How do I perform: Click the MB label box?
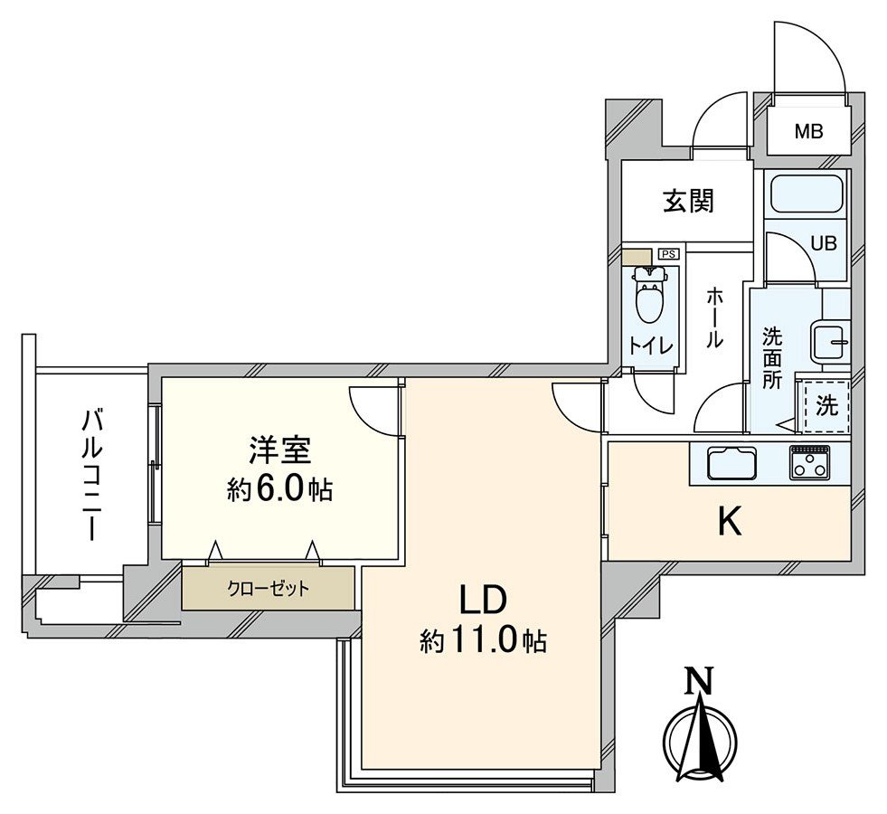pyautogui.click(x=808, y=132)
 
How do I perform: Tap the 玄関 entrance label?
pyautogui.click(x=689, y=201)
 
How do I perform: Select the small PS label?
pyautogui.click(x=668, y=254)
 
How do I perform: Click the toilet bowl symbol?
pyautogui.click(x=648, y=299)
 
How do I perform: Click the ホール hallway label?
pyautogui.click(x=713, y=317)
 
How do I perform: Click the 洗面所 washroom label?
pyautogui.click(x=771, y=358)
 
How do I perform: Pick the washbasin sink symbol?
pyautogui.click(x=830, y=342)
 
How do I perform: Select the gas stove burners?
pyautogui.click(x=810, y=462)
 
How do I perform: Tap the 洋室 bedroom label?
pyautogui.click(x=279, y=450)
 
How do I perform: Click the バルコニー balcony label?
pyautogui.click(x=91, y=474)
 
